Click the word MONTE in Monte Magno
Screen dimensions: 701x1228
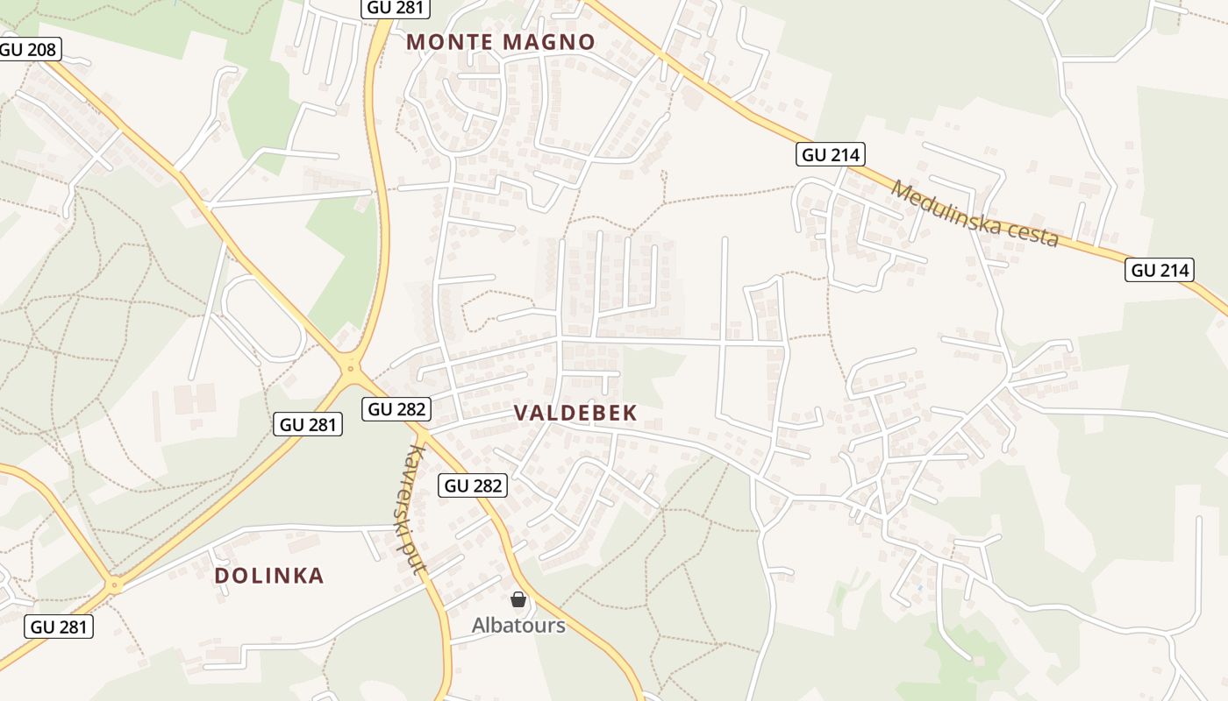(x=447, y=42)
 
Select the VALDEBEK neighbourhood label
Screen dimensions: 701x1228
(x=575, y=414)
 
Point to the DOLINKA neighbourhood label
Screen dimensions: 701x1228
(x=269, y=576)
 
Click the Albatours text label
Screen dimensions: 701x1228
(x=518, y=626)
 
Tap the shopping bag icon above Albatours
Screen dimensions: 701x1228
(x=518, y=599)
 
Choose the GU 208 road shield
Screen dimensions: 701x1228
(x=29, y=49)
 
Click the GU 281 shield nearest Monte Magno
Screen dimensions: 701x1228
(x=394, y=9)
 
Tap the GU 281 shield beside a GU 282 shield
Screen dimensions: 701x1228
(x=307, y=425)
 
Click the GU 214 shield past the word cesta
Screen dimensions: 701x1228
(x=1160, y=271)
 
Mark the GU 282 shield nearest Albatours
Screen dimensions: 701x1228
(x=474, y=485)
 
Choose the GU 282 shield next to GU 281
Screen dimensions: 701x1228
(x=396, y=408)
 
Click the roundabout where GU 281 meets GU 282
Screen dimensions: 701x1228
(x=352, y=369)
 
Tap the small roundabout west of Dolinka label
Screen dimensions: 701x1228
(x=113, y=584)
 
